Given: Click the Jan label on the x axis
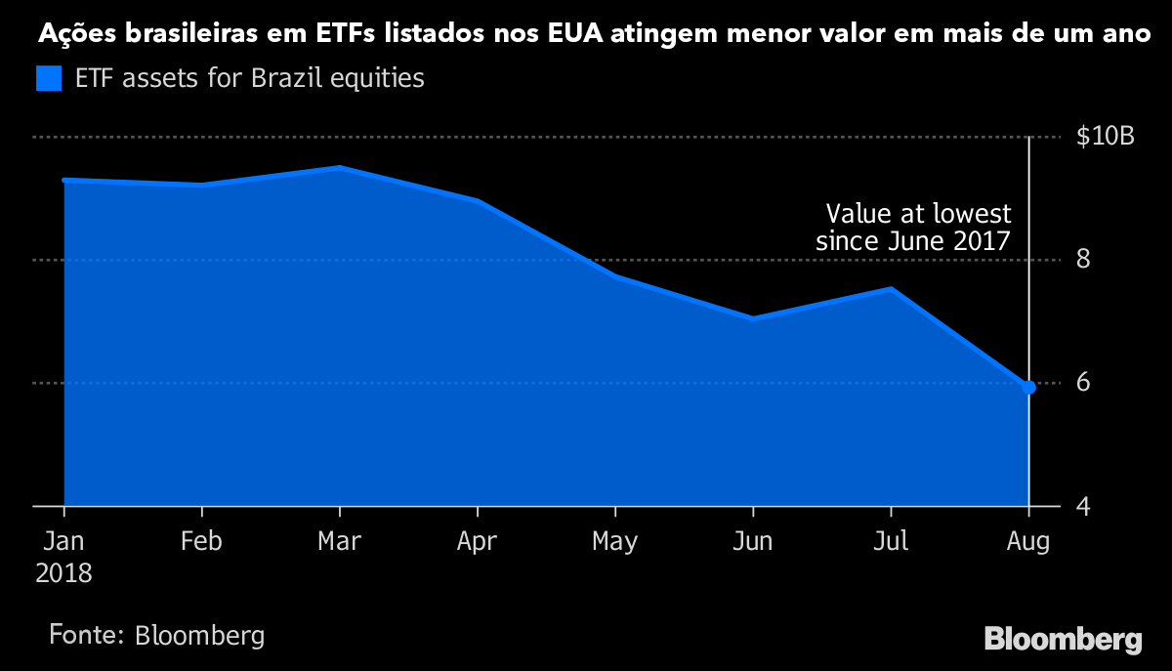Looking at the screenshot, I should [63, 540].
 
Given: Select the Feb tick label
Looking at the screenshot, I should [201, 540].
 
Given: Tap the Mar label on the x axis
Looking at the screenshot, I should [339, 540].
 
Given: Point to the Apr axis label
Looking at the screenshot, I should [477, 542].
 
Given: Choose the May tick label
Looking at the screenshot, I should [615, 542].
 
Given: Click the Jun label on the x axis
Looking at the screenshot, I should [753, 540].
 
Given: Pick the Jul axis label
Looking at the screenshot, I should [891, 540].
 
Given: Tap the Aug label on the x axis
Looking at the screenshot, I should [1028, 542].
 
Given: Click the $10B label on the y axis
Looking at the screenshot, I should [1105, 137].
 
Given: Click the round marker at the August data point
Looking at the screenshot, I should [1028, 388].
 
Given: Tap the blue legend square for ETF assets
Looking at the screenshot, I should [48, 78].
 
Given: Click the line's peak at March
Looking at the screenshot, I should [339, 168].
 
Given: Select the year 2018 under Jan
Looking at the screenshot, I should [63, 572].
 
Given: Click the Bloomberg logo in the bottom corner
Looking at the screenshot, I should [1063, 640].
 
